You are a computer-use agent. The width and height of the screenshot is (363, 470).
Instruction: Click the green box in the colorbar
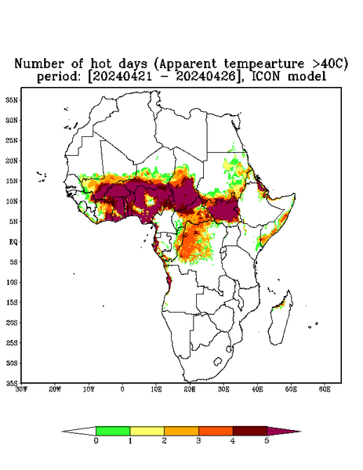click(x=113, y=431)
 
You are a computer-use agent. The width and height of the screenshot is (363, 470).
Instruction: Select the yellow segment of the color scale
click(x=147, y=431)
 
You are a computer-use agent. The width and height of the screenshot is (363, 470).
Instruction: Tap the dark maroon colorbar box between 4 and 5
click(x=250, y=431)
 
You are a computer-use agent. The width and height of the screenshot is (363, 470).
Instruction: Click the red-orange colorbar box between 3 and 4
click(x=216, y=431)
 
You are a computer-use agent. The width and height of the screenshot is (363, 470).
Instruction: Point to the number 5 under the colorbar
click(x=267, y=441)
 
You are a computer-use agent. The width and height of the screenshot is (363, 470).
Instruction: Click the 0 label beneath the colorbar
click(x=96, y=441)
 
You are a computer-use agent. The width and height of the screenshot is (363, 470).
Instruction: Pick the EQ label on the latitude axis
click(x=13, y=241)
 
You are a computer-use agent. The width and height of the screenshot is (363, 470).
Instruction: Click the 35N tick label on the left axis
click(x=12, y=99)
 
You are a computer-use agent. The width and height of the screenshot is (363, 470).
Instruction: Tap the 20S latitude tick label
click(x=12, y=323)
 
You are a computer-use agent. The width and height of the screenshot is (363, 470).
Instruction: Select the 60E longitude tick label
click(x=325, y=389)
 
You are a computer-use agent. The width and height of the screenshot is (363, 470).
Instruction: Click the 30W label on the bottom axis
click(x=22, y=389)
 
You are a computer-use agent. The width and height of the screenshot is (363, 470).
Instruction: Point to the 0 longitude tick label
click(x=122, y=389)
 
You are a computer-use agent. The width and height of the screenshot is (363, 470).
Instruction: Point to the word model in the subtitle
click(x=307, y=77)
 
